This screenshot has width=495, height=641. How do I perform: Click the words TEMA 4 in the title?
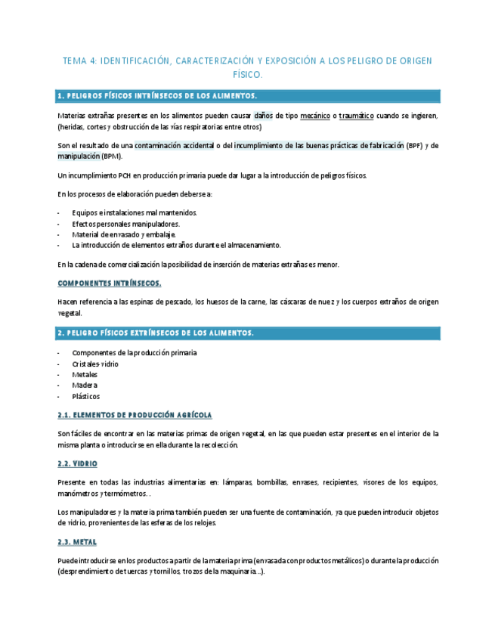click(79, 61)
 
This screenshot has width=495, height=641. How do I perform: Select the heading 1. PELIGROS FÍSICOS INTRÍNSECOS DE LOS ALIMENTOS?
click(157, 96)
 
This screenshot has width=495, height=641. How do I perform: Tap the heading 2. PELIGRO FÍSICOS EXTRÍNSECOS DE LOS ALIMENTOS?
click(155, 333)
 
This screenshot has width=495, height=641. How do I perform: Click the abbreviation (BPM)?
click(112, 156)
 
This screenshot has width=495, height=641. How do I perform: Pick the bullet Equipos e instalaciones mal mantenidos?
click(135, 213)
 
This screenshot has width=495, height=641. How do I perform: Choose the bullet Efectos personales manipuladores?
click(125, 224)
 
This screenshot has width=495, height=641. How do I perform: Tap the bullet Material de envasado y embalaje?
click(124, 234)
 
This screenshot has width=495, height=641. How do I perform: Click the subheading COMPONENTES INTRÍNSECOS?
click(110, 283)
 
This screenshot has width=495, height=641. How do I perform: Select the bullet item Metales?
click(85, 375)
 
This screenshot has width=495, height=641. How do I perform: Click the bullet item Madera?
click(85, 386)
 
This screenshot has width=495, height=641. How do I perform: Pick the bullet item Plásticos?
click(85, 396)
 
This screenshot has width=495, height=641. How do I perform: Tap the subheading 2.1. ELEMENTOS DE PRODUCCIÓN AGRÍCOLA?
click(135, 415)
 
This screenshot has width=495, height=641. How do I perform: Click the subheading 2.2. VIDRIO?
click(77, 463)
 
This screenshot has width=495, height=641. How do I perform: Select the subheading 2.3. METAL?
click(77, 542)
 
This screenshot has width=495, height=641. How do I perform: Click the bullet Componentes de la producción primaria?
click(135, 352)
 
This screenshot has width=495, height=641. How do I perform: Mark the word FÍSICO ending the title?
click(247, 75)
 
